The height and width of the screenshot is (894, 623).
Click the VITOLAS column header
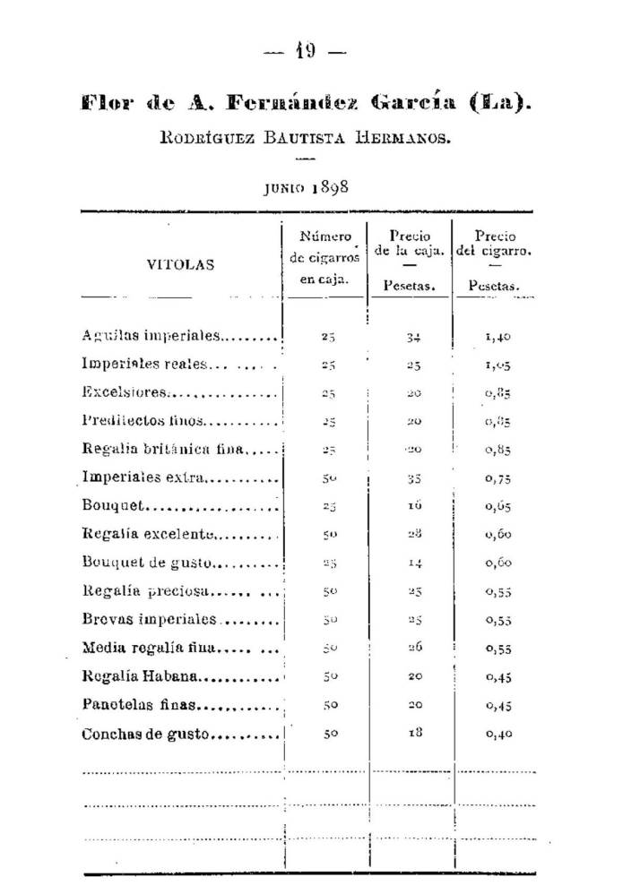coord(180,265)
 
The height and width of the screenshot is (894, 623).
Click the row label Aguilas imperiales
coord(151,337)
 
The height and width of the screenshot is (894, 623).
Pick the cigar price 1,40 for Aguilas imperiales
coord(499,338)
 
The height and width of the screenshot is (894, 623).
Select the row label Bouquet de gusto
coord(145,563)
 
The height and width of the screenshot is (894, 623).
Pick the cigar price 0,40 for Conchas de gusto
coord(499,734)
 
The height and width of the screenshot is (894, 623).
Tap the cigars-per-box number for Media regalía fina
coord(329,649)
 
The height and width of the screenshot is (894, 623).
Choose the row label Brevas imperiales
coord(149,620)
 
